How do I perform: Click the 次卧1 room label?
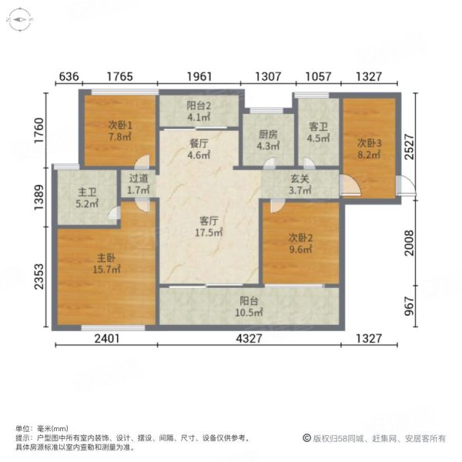click(x=119, y=126)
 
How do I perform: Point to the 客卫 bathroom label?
click(x=319, y=128)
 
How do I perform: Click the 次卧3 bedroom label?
click(x=369, y=142)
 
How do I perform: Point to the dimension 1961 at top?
click(x=197, y=75)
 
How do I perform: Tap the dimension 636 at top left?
click(x=69, y=75)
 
